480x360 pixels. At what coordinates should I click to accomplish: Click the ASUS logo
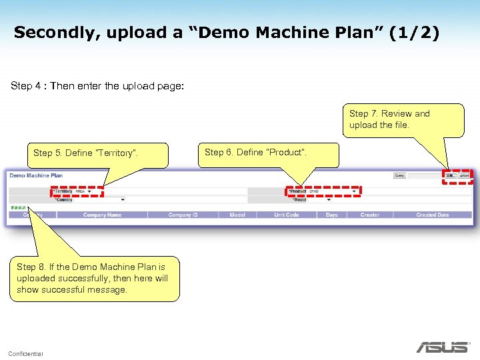[x=443, y=347]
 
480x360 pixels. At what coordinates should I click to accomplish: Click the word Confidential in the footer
[x=25, y=353]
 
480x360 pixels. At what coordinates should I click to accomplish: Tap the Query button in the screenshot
[x=399, y=176]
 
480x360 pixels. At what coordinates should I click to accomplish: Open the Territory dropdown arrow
[x=89, y=191]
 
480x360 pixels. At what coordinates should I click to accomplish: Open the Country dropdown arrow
[x=123, y=199]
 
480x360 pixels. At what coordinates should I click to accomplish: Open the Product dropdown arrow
[x=354, y=191]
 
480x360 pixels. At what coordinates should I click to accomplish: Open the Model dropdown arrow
[x=327, y=199]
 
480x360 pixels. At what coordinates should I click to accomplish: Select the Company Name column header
[x=102, y=215]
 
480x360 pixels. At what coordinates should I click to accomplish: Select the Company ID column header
[x=183, y=215]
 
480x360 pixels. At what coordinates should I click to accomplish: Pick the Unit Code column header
[x=287, y=215]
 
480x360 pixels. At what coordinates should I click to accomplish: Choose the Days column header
[x=331, y=215]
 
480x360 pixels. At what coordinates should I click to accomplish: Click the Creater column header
[x=369, y=215]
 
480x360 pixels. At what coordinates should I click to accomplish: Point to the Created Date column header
[x=432, y=215]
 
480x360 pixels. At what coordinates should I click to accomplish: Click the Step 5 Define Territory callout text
[x=85, y=153]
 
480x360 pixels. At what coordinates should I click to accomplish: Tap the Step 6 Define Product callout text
[x=256, y=153]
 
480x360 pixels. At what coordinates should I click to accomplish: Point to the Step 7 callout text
[x=389, y=119]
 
